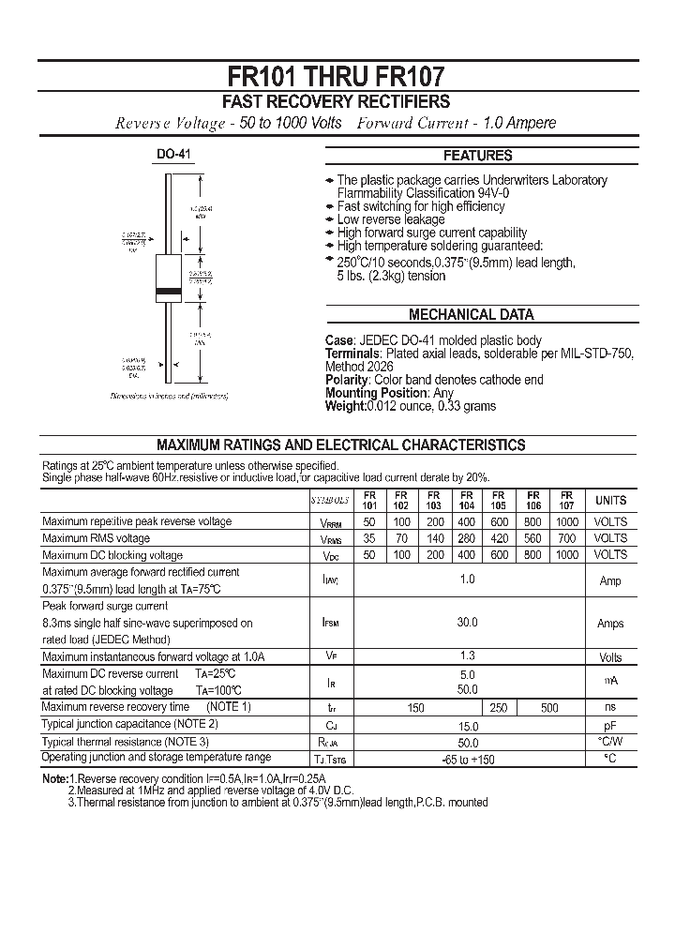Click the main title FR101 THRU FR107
coord(337,76)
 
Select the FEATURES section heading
coord(477,156)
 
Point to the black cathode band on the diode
coord(169,292)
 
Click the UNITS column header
coord(610,501)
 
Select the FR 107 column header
coord(566,500)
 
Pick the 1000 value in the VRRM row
coord(566,521)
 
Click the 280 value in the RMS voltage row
coord(466,538)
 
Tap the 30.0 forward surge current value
coord(467,623)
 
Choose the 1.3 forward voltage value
coord(467,656)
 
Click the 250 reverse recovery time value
coord(499,708)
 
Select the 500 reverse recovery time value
coord(550,708)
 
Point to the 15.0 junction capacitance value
coord(467,726)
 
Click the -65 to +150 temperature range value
coord(467,759)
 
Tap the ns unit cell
coord(610,707)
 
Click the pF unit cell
coord(610,725)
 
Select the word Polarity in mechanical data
coord(347,380)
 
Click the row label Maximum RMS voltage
coord(97,538)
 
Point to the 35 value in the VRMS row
coord(369,538)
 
